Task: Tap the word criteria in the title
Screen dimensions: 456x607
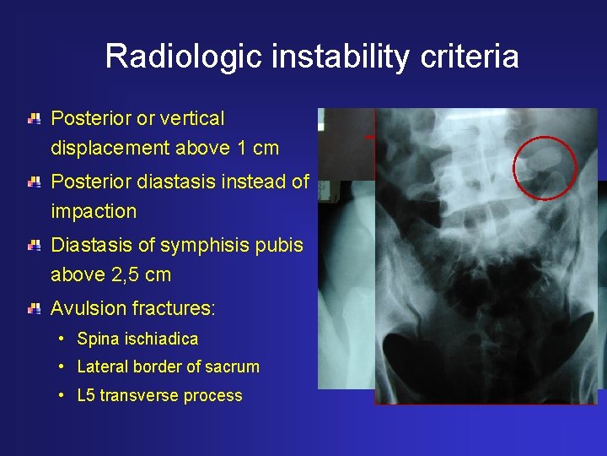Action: pyautogui.click(x=480, y=57)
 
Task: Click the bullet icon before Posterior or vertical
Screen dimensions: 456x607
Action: pyautogui.click(x=34, y=120)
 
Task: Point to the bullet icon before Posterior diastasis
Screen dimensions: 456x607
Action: pyautogui.click(x=34, y=182)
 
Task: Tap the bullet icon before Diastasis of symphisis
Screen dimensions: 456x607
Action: pyautogui.click(x=34, y=246)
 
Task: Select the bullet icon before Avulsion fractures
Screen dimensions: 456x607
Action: pyautogui.click(x=34, y=309)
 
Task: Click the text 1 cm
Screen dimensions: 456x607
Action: pyautogui.click(x=258, y=149)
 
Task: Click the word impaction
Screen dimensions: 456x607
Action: pyautogui.click(x=94, y=212)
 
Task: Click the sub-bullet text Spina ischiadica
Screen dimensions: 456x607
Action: pyautogui.click(x=137, y=339)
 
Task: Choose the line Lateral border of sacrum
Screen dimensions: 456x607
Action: pyautogui.click(x=168, y=367)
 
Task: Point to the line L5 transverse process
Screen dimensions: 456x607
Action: pyautogui.click(x=159, y=396)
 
